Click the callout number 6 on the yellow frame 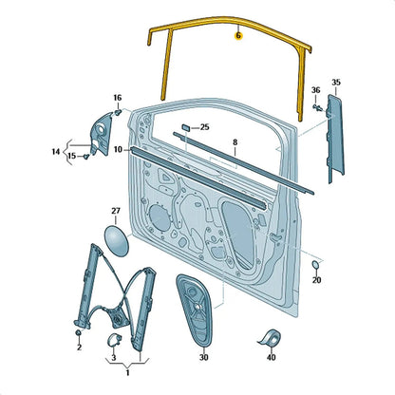(x=238, y=36)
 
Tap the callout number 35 (x=336, y=83)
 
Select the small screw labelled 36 (x=318, y=107)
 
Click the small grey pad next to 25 (x=186, y=127)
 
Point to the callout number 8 (x=235, y=142)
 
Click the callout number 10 (x=118, y=149)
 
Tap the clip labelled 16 (x=118, y=112)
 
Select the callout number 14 (x=56, y=152)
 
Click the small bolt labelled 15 (x=86, y=156)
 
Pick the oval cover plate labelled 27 (x=117, y=241)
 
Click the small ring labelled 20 (x=315, y=265)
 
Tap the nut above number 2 (x=78, y=332)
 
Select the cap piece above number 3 (x=114, y=340)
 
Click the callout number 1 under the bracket (x=127, y=373)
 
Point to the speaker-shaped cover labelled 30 (x=194, y=311)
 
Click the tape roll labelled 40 (x=271, y=337)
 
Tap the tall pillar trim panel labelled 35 (x=335, y=138)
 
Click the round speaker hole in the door (x=160, y=217)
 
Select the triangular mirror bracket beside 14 (x=101, y=134)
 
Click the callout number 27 (x=116, y=211)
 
